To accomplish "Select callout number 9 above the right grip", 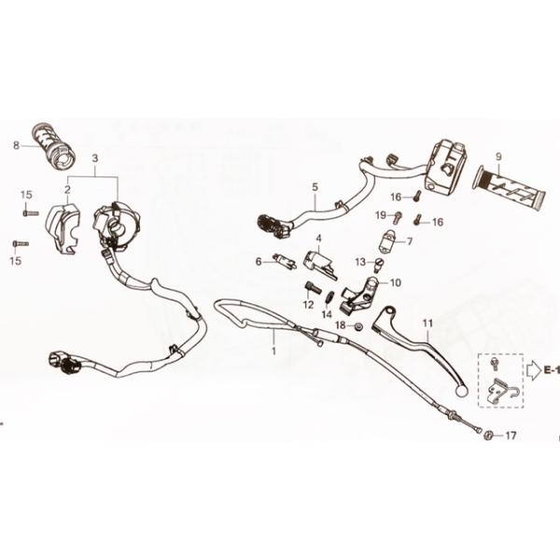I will pyautogui.click(x=499, y=156).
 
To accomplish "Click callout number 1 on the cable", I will pyautogui.click(x=274, y=351).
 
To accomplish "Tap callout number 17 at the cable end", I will pyautogui.click(x=510, y=435).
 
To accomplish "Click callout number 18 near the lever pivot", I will pyautogui.click(x=341, y=325).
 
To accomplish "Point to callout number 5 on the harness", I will pyautogui.click(x=315, y=187).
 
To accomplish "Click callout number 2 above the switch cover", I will pyautogui.click(x=68, y=189).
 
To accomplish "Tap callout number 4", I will pyautogui.click(x=318, y=238).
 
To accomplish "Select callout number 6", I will pyautogui.click(x=259, y=261).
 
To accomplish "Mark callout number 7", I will pyautogui.click(x=408, y=241).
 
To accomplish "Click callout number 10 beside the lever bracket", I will pyautogui.click(x=396, y=281).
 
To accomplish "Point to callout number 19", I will pyautogui.click(x=381, y=216).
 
